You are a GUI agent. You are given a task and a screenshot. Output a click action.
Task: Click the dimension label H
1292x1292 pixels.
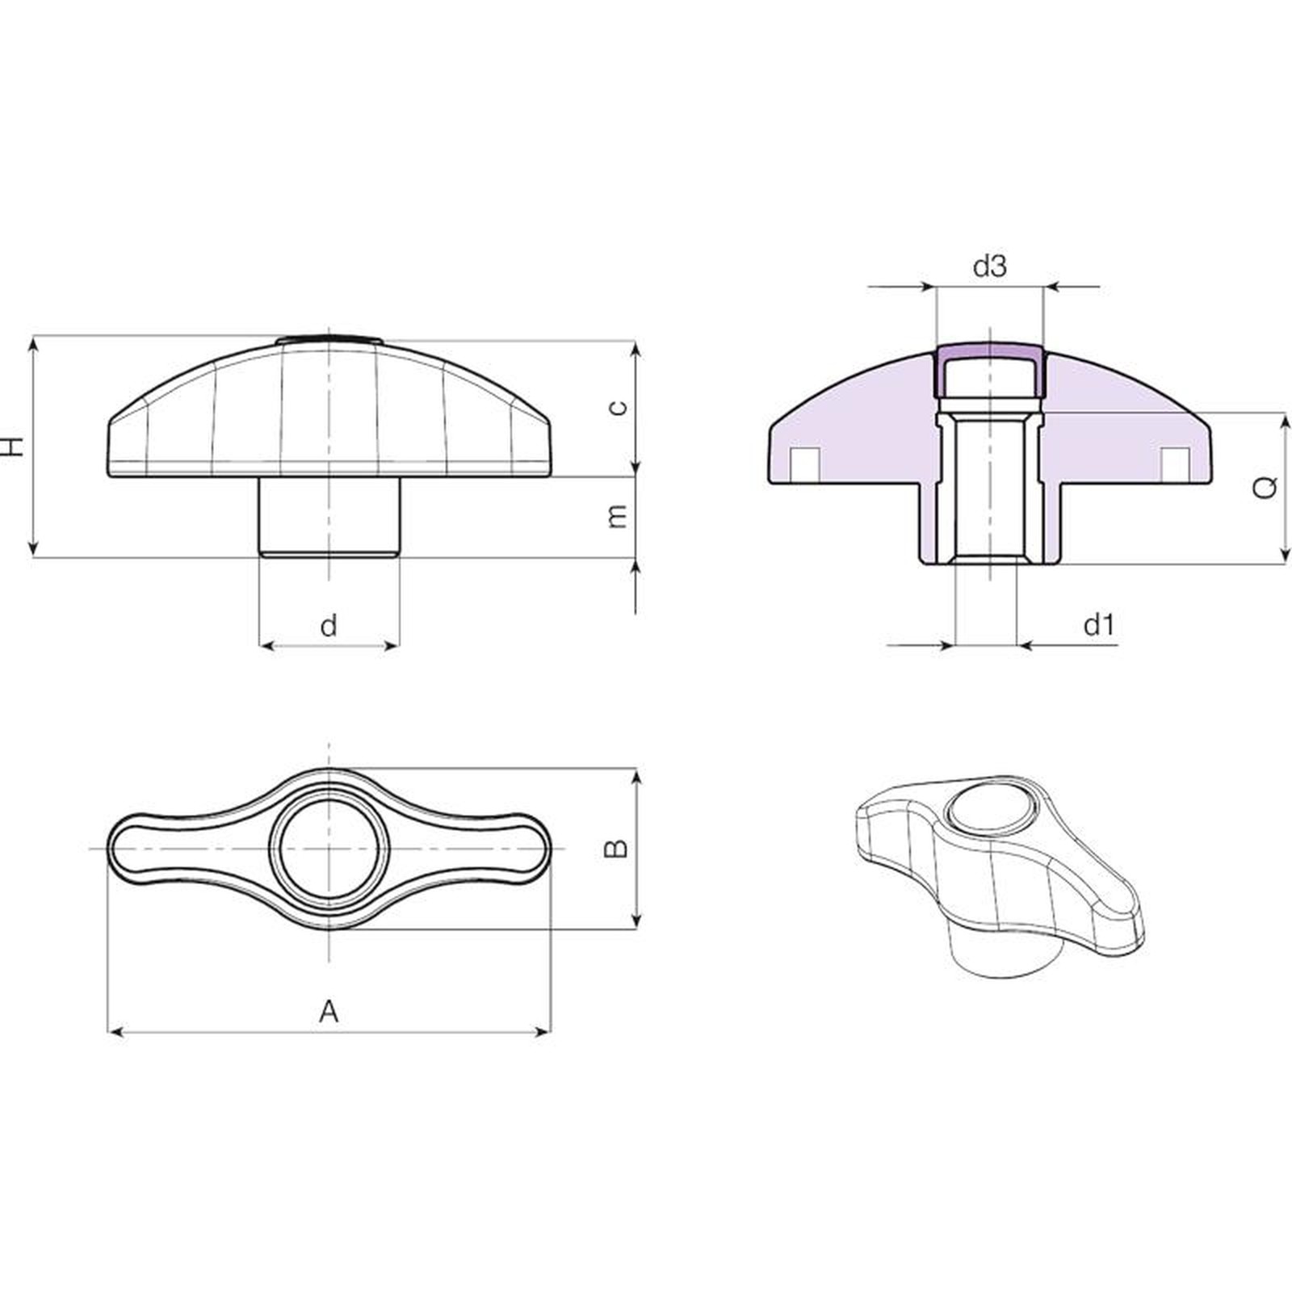click(13, 447)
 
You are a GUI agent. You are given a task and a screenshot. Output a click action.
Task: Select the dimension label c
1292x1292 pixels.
click(618, 407)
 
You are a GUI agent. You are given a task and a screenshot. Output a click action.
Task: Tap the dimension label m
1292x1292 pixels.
click(618, 515)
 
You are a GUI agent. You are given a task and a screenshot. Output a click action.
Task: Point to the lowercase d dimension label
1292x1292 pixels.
click(329, 624)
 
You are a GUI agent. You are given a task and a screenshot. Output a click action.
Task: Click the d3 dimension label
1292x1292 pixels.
click(989, 266)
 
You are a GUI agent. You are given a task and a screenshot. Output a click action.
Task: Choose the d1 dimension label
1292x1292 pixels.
click(1098, 624)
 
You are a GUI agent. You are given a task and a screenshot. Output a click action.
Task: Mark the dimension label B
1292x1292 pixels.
click(617, 848)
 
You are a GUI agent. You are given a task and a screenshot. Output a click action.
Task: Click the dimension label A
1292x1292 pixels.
click(329, 1010)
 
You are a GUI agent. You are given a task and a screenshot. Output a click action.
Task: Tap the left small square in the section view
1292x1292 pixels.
click(805, 462)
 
